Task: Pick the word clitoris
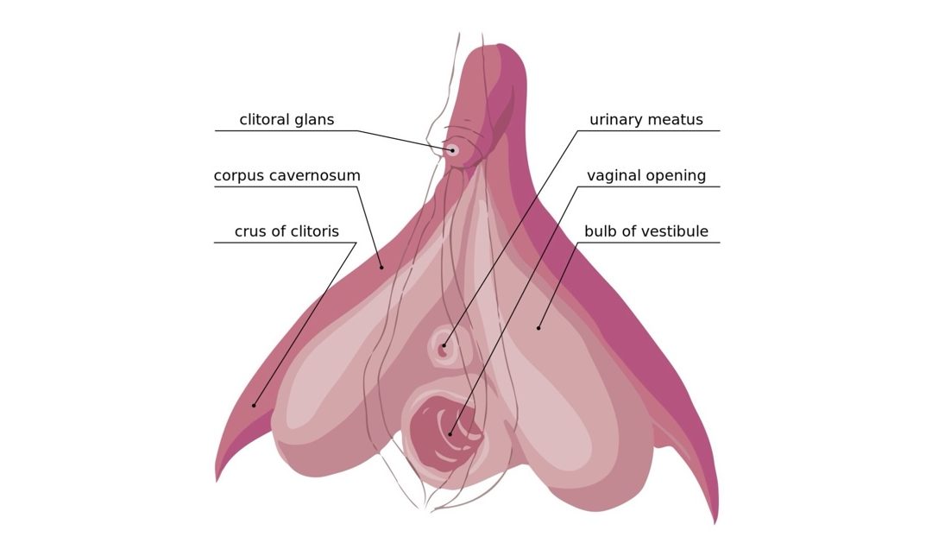tap(311, 230)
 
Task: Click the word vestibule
tap(674, 230)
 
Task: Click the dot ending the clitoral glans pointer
tap(452, 150)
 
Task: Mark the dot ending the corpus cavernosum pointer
tap(381, 268)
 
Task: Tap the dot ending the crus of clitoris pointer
tap(254, 406)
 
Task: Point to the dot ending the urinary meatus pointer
tap(444, 345)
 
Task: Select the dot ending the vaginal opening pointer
tap(450, 434)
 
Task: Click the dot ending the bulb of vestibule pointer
tap(538, 328)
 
